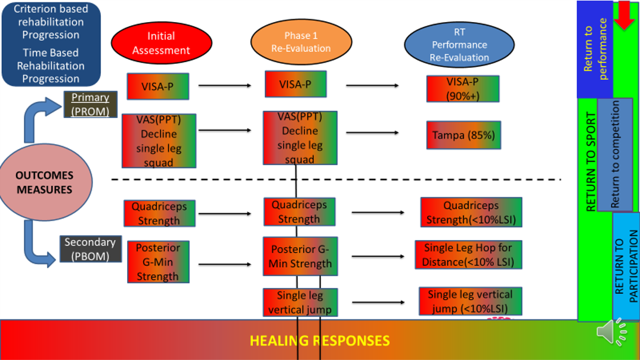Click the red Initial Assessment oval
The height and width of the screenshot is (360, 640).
click(x=161, y=43)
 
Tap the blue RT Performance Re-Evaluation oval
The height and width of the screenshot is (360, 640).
click(x=459, y=45)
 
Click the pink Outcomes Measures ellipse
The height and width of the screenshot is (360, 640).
click(x=45, y=182)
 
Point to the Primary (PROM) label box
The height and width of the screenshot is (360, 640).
click(x=90, y=104)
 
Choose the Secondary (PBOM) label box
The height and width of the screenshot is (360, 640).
click(x=90, y=249)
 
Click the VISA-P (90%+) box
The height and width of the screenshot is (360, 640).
click(x=462, y=89)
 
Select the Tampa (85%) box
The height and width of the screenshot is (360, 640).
click(x=463, y=135)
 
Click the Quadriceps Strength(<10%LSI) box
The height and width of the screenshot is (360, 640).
click(x=471, y=213)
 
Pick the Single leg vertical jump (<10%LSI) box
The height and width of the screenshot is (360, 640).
click(x=470, y=301)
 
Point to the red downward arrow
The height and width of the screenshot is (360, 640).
click(x=624, y=15)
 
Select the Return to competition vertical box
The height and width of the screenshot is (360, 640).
click(x=614, y=154)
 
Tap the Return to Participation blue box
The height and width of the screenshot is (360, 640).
click(x=626, y=266)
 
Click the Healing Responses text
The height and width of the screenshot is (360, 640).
click(x=319, y=341)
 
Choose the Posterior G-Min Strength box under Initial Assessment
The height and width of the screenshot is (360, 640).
click(x=158, y=262)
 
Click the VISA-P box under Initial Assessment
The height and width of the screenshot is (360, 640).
click(x=157, y=86)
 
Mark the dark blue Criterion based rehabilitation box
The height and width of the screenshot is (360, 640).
click(x=51, y=44)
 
